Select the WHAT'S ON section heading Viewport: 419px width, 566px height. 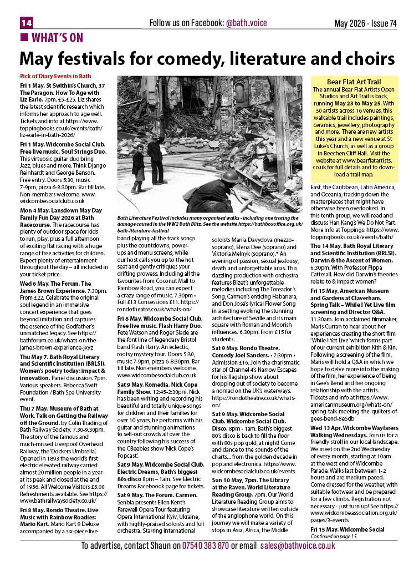57,38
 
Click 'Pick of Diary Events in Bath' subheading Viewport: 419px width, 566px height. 55,76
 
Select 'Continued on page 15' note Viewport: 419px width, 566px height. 334,535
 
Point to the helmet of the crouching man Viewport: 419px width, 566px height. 229,176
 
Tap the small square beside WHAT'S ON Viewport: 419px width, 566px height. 24,38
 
